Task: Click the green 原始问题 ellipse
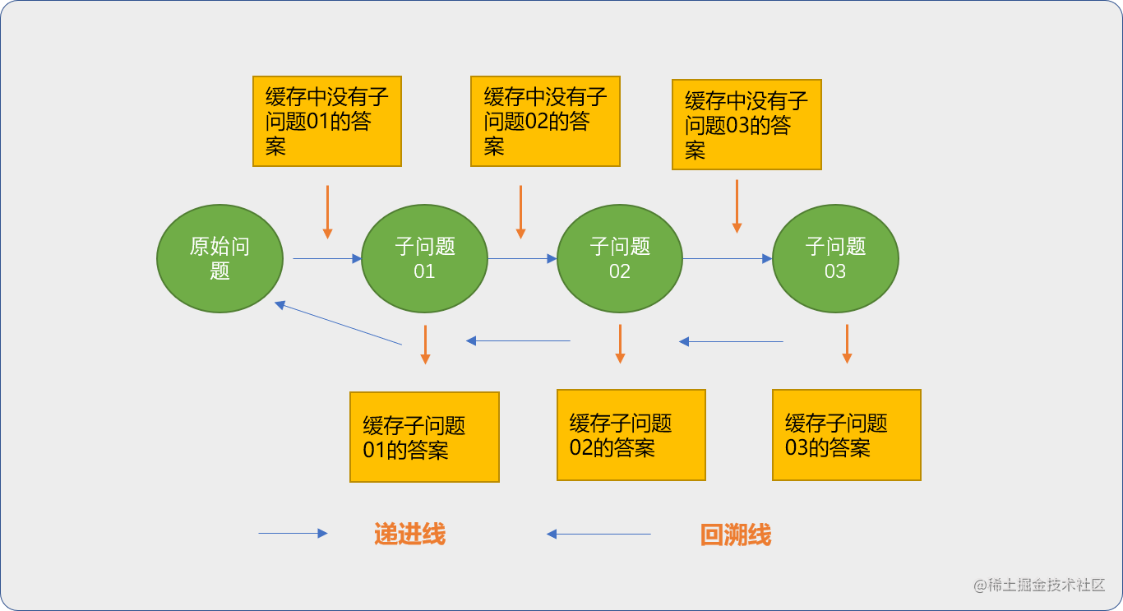coord(220,258)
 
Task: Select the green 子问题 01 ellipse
coord(424,258)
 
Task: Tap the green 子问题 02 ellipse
coord(620,258)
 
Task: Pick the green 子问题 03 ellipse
coord(835,258)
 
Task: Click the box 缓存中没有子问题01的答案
coord(327,121)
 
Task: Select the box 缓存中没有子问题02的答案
coord(545,121)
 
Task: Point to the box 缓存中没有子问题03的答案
coord(746,124)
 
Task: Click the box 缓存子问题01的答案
coord(424,437)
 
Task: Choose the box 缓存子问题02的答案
coord(631,435)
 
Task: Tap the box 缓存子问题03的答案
coord(846,435)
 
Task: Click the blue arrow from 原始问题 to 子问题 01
coord(327,259)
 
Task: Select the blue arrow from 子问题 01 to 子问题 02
coord(522,259)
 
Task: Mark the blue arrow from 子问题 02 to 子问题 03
coord(727,259)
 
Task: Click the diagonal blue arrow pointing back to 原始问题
coord(338,322)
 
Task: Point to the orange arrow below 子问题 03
coord(847,344)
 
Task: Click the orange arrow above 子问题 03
coord(737,206)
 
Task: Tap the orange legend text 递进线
coord(409,535)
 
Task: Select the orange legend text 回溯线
coord(736,535)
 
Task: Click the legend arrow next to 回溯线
coord(598,535)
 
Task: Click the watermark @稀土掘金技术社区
coord(1039,585)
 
